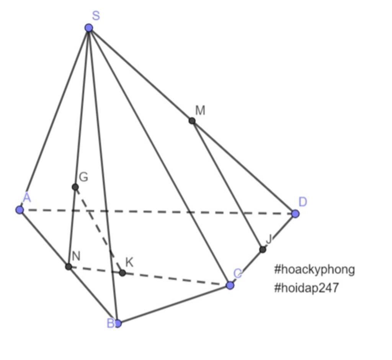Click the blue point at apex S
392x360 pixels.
click(x=89, y=28)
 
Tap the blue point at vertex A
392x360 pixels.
click(x=20, y=209)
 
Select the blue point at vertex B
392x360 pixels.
click(x=118, y=324)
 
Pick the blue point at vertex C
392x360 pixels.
click(x=230, y=285)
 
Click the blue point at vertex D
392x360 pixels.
click(x=295, y=214)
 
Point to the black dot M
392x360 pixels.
click(x=192, y=121)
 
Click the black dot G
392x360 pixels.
click(x=75, y=187)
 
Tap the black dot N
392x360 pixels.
click(x=68, y=267)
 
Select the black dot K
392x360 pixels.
click(x=122, y=273)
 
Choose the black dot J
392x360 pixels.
click(x=263, y=249)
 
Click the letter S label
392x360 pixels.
click(x=96, y=16)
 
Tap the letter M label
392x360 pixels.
click(x=200, y=110)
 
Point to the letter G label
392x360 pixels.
click(x=83, y=177)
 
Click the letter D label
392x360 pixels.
click(x=303, y=202)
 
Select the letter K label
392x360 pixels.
click(x=129, y=262)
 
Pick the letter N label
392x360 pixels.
click(x=76, y=256)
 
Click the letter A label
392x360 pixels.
click(x=27, y=197)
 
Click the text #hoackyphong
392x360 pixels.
click(x=315, y=270)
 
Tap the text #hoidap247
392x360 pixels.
click(x=307, y=288)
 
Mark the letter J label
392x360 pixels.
click(x=269, y=239)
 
